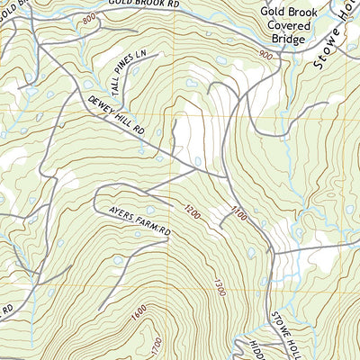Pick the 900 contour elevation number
pos(265,57)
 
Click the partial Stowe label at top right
pos(335,36)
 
